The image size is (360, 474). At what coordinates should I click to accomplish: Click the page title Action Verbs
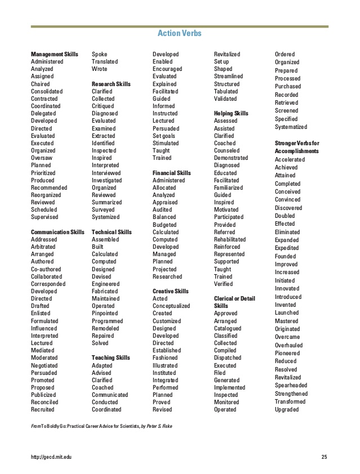tap(179, 34)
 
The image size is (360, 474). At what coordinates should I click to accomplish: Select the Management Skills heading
tap(55, 54)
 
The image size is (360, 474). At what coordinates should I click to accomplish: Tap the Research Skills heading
tap(111, 84)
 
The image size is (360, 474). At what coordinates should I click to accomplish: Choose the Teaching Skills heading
tap(111, 357)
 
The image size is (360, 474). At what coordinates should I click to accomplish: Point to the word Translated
tap(105, 61)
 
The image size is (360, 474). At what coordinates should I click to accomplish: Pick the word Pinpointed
tap(105, 314)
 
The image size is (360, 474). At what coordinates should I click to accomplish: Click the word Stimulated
tap(166, 143)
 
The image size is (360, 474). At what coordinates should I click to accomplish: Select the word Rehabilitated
tap(230, 239)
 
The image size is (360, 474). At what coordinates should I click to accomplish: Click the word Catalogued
tap(228, 328)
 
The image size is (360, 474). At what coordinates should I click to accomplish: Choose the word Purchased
tap(288, 87)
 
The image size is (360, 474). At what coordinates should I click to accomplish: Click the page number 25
tap(324, 456)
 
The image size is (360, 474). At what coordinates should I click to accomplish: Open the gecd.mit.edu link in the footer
tap(52, 456)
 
